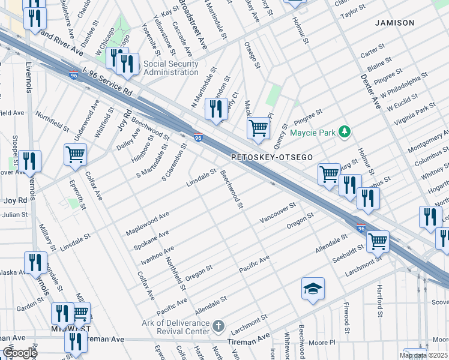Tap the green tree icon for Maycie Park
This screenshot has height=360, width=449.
click(344, 131)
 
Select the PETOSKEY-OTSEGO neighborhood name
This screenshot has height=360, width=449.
click(272, 157)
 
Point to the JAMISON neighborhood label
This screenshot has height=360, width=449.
click(394, 23)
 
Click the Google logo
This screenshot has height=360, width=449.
click(19, 353)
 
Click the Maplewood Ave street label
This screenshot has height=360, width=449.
click(148, 223)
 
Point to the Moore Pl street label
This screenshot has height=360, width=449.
click(318, 343)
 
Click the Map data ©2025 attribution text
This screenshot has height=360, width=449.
click(423, 355)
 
